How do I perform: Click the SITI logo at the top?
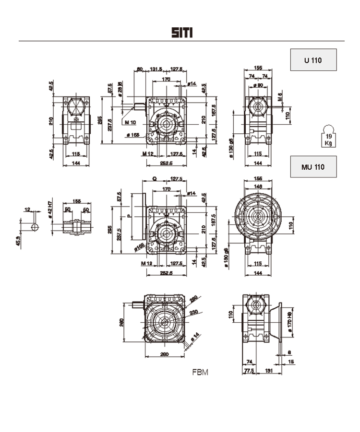[182, 33]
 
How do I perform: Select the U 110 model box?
[313, 60]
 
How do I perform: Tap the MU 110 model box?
[313, 167]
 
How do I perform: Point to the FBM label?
[200, 372]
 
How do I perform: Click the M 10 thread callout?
[130, 123]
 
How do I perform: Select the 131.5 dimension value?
[156, 70]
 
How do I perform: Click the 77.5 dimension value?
[248, 371]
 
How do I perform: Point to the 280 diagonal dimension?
[194, 301]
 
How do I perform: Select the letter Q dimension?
[154, 178]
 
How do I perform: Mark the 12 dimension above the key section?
[27, 210]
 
